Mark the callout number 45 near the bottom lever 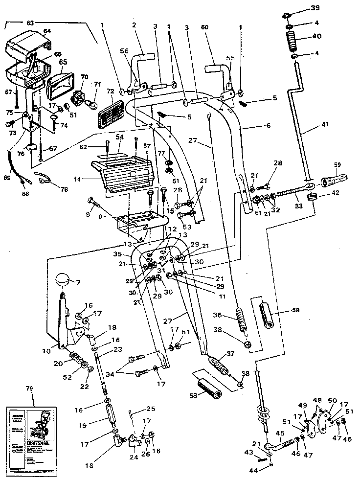280,433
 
